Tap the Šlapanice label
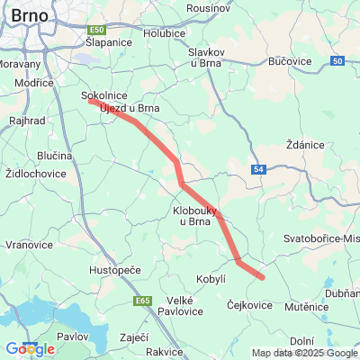pos(109,42)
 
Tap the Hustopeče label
pos(111,269)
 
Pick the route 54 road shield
pos(259,169)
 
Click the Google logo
pos(30,349)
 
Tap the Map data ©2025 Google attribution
pos(303,353)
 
